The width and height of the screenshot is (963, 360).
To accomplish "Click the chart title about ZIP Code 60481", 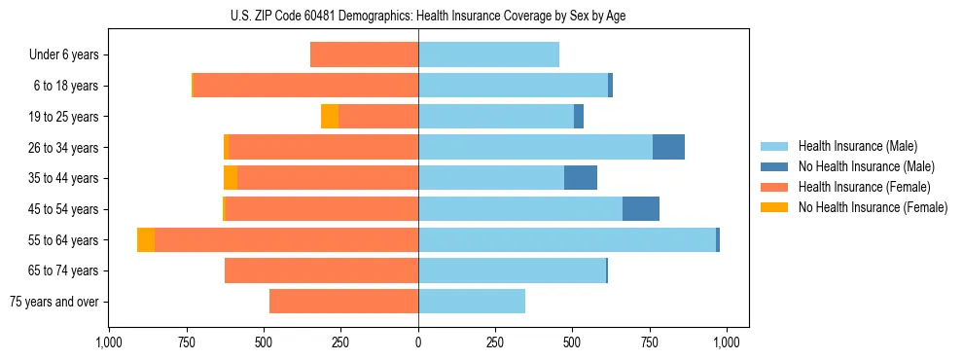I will pyautogui.click(x=418, y=15).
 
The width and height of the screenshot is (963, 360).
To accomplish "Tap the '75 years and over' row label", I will pyautogui.click(x=54, y=302).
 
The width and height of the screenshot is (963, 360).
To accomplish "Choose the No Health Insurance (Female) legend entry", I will pyautogui.click(x=873, y=207).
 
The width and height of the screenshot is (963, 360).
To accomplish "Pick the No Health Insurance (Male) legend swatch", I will pyautogui.click(x=774, y=166).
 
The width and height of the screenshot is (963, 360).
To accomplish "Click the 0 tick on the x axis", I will pyautogui.click(x=418, y=342).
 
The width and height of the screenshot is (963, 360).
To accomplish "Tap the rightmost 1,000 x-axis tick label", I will pyautogui.click(x=727, y=342).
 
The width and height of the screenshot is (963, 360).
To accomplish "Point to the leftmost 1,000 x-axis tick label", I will pyautogui.click(x=109, y=342).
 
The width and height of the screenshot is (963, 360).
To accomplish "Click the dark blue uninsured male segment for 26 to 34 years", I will pyautogui.click(x=668, y=147).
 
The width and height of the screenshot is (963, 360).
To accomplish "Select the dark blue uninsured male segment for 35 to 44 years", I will pyautogui.click(x=581, y=178).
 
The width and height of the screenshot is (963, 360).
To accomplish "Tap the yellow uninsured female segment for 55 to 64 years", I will pyautogui.click(x=146, y=240).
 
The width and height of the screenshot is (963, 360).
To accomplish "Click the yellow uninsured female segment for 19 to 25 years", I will pyautogui.click(x=330, y=117).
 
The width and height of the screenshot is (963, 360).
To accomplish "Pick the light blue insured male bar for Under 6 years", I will pyautogui.click(x=488, y=55).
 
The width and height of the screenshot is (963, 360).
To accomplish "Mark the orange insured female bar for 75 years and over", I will pyautogui.click(x=343, y=302).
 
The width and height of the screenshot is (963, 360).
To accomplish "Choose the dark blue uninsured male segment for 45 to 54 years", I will pyautogui.click(x=641, y=209).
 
